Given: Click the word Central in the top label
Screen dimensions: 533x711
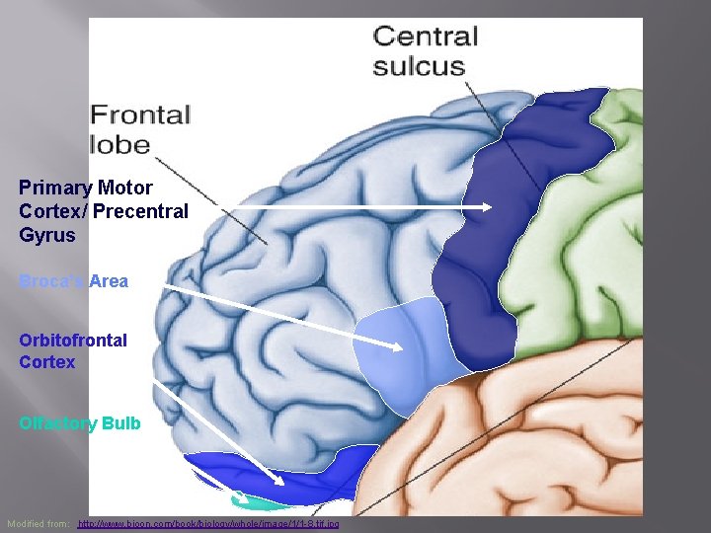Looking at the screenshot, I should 426,38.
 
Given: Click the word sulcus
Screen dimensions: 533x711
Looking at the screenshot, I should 419,67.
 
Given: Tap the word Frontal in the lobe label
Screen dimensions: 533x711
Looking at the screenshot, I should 140,114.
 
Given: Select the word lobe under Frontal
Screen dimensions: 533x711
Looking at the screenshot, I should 119,144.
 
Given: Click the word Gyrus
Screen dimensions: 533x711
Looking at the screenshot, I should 46,236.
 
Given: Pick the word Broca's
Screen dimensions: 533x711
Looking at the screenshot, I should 51,281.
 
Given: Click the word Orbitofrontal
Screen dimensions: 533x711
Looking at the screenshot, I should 73,341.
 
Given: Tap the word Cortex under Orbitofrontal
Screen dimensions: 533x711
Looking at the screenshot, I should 46,362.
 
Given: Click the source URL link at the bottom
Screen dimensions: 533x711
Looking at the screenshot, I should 207,523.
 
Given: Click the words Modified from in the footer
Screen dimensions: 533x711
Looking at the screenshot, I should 39,523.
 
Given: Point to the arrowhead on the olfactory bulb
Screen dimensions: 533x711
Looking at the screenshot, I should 282,484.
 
